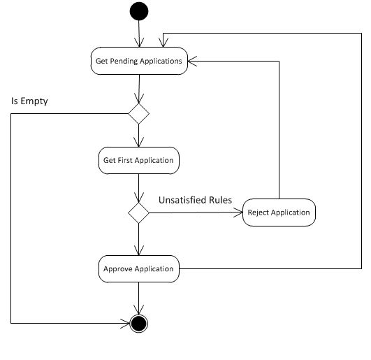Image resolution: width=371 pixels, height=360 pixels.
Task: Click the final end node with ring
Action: [140, 323]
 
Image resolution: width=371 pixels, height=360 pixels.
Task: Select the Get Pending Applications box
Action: [138, 61]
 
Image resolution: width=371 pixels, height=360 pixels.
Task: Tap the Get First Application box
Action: [138, 160]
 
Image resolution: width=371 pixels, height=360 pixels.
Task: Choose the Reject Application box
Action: [278, 213]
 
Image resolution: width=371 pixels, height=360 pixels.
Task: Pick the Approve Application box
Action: [138, 268]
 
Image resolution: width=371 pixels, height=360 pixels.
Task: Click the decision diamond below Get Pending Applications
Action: [138, 114]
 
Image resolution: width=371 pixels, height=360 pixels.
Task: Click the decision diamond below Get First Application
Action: [138, 213]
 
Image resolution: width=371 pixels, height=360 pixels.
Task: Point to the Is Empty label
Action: [29, 101]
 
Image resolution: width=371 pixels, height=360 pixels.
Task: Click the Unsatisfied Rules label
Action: [195, 200]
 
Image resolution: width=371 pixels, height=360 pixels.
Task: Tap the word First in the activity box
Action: [126, 160]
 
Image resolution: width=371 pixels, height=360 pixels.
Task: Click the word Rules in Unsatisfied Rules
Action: [219, 200]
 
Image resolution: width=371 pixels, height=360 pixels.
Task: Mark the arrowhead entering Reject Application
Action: [238, 213]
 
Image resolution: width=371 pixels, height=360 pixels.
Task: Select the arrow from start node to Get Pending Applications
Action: [140, 34]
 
